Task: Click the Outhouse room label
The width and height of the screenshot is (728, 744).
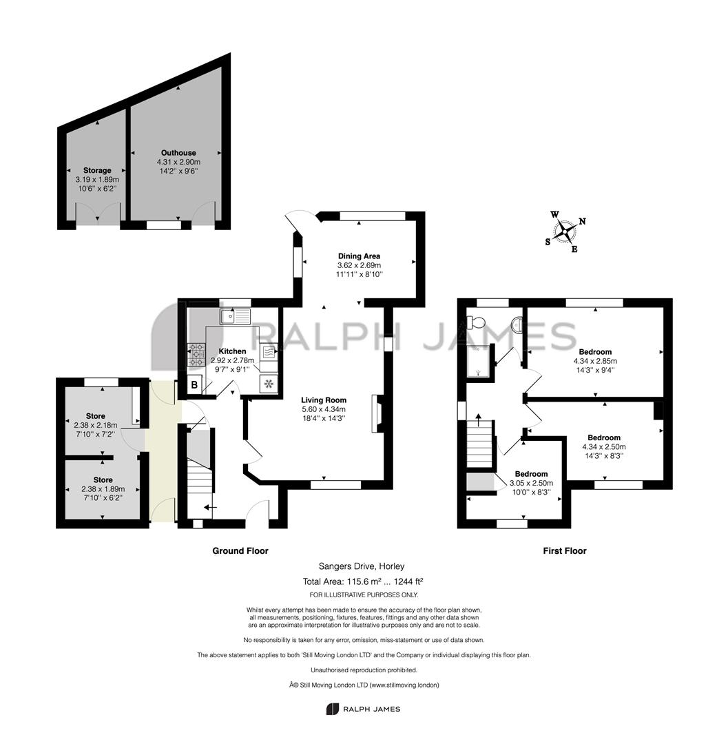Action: coord(178,153)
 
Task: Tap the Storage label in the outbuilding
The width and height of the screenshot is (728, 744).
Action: coord(97,170)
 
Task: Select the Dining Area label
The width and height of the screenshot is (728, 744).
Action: coord(359,256)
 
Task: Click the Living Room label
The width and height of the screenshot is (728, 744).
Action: coord(324,400)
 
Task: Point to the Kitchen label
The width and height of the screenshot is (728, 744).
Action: coord(232,351)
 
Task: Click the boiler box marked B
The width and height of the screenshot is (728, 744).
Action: coord(194,385)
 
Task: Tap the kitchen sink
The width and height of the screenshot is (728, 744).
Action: coord(235,316)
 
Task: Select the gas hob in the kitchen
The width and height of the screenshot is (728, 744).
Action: coord(196,355)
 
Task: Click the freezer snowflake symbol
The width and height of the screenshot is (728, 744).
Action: coord(269,384)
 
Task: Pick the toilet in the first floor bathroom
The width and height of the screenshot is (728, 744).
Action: coord(476,322)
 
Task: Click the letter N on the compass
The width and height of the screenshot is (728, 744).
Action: coord(583,221)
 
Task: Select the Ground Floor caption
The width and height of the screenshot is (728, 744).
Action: coord(240,551)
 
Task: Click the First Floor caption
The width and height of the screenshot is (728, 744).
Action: coord(564,551)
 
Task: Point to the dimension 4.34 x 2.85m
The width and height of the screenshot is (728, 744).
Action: coord(595,361)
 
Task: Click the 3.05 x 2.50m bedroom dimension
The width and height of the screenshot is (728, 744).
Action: coord(531,483)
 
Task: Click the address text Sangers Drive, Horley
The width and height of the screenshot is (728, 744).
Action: coord(362,566)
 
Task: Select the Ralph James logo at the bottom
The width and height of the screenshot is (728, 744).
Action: coord(363,709)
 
